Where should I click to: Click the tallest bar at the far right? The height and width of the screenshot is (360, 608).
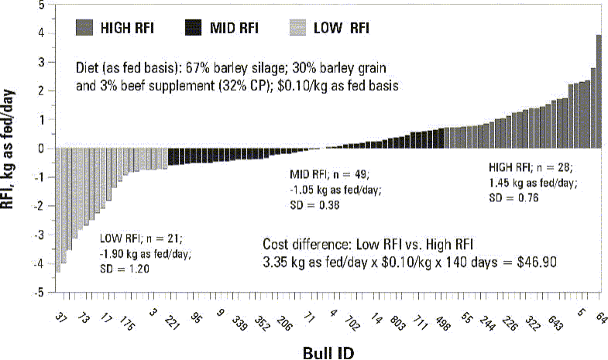pyautogui.click(x=599, y=91)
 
